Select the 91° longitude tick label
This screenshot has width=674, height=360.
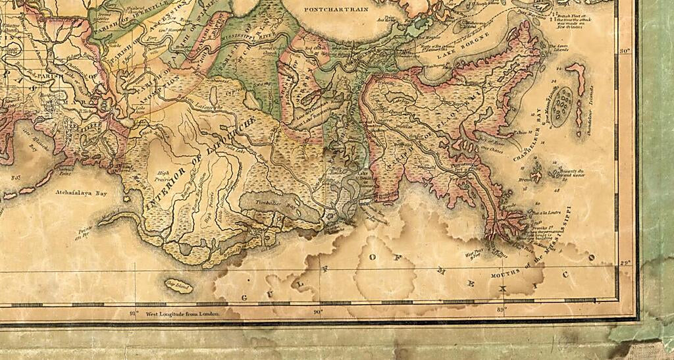coord(134,314)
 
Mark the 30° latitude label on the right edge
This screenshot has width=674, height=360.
coord(626,51)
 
